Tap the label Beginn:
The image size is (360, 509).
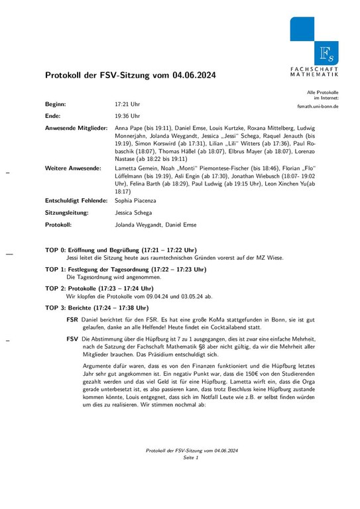point(56,105)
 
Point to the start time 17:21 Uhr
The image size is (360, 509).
point(127,105)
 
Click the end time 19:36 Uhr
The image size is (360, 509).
point(127,115)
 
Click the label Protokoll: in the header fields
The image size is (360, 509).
point(58,225)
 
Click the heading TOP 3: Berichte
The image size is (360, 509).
point(97,308)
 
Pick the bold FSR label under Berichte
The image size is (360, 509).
point(73,319)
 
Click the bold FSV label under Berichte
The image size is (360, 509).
point(73,339)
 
